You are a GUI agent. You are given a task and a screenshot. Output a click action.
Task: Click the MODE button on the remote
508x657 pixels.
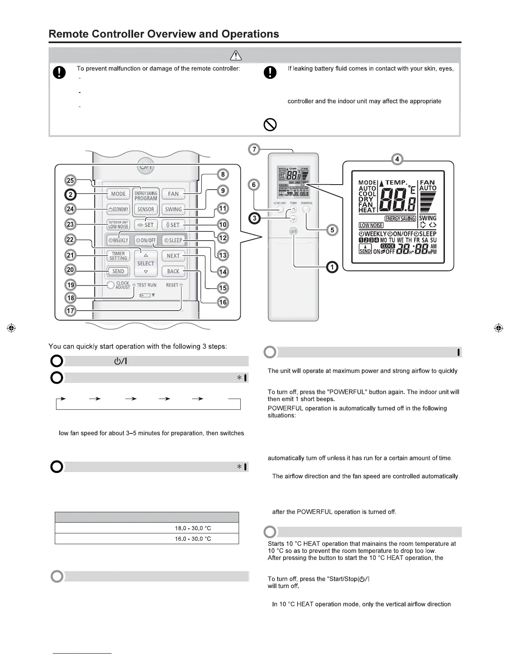(118, 194)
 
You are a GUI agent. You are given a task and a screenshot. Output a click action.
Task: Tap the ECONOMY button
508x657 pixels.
(118, 209)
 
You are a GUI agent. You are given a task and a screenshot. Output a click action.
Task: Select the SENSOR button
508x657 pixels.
(146, 209)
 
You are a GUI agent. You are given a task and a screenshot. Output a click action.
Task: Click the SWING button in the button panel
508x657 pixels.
(173, 209)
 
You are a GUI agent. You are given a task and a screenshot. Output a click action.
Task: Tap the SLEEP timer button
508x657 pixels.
(173, 240)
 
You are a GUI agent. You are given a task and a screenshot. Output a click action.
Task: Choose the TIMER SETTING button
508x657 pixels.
(118, 256)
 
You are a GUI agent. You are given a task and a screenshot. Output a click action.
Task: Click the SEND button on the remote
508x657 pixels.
(118, 271)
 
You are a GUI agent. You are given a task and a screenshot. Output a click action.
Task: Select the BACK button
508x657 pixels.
(173, 271)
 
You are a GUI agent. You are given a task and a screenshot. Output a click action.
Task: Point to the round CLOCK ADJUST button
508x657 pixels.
(110, 285)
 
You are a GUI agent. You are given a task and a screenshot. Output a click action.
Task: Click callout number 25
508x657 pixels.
(71, 180)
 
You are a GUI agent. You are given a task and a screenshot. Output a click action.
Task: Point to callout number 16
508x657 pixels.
(223, 302)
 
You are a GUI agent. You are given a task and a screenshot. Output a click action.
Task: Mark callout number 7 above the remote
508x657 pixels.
(254, 149)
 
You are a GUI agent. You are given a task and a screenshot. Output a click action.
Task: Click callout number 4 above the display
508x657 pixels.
(397, 159)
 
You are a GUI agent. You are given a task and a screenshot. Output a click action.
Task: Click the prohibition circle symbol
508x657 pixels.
(270, 124)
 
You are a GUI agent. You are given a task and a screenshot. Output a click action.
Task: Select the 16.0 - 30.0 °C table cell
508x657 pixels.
(193, 539)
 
